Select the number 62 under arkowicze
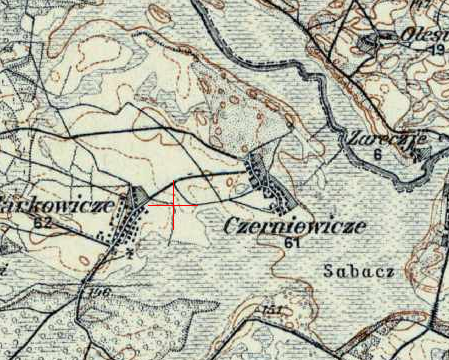[x=41, y=221]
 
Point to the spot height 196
[x=100, y=292]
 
